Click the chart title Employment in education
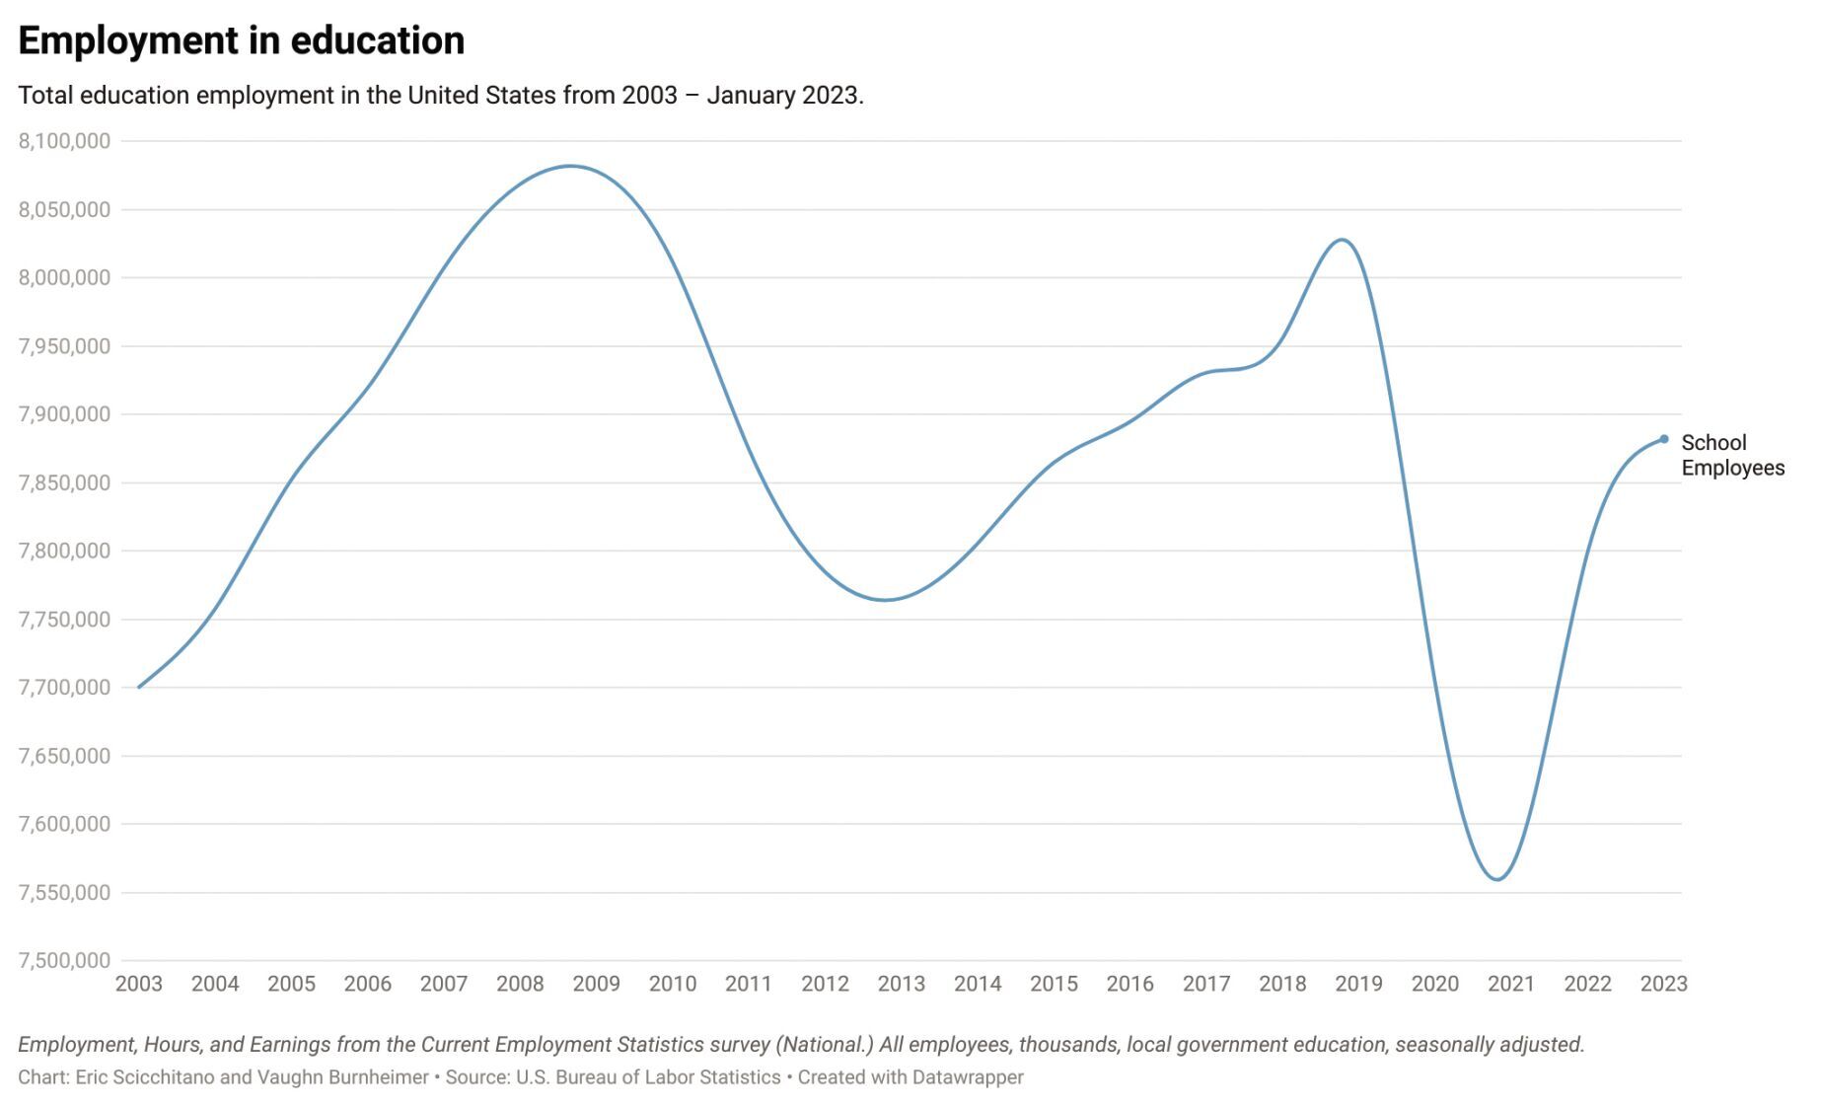pos(241,40)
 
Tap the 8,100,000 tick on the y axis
pos(64,141)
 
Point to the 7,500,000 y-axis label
pos(64,960)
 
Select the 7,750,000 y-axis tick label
pos(64,620)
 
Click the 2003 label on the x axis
pos(138,984)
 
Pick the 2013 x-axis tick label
pos(901,984)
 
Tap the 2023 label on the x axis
pos(1663,984)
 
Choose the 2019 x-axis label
pos(1358,984)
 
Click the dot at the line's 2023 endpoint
pos(1664,439)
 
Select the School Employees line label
pos(1731,455)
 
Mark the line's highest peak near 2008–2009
pos(571,166)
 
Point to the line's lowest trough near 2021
pos(1497,879)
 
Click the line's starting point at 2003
pos(139,687)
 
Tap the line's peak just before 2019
pos(1343,240)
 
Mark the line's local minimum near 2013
pos(885,600)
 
